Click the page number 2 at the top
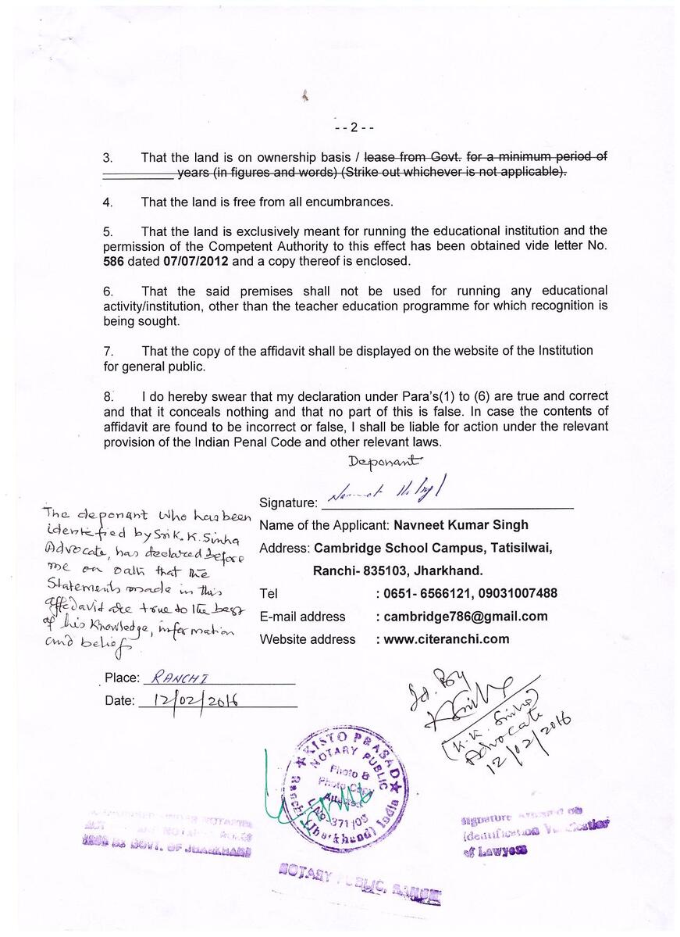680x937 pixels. (354, 127)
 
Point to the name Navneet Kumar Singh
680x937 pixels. (461, 524)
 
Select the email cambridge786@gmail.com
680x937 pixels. (465, 616)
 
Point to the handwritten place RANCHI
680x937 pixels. (176, 678)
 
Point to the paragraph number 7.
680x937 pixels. (108, 350)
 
